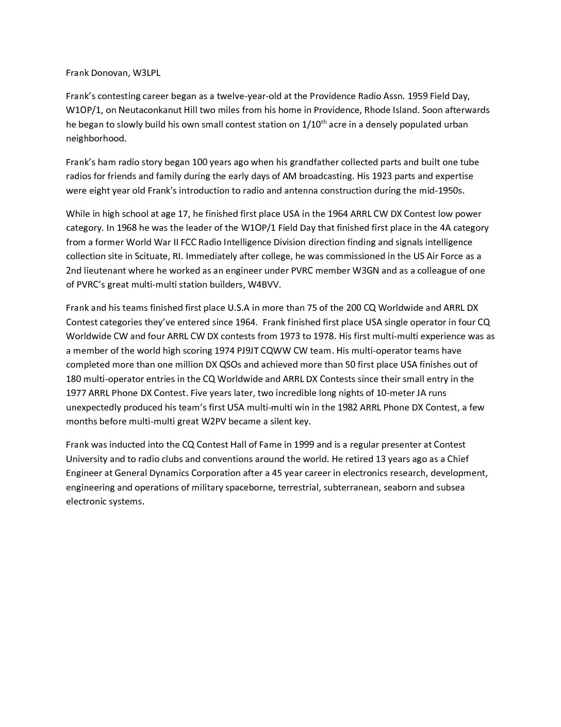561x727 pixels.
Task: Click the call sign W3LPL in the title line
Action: [x=146, y=73]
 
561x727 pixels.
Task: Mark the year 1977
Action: [x=77, y=393]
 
